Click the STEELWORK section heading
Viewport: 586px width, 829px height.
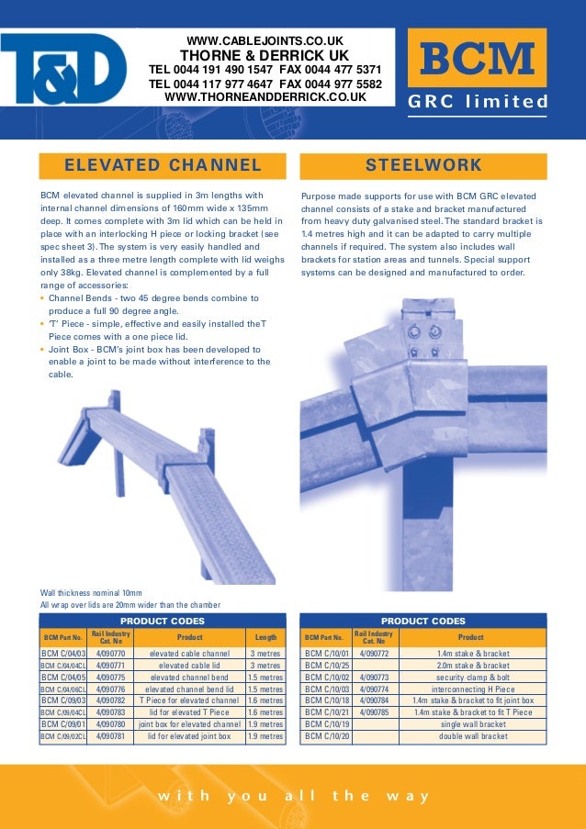pos(423,166)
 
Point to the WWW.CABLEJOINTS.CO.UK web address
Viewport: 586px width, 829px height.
pos(265,41)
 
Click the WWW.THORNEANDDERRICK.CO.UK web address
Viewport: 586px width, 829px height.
pos(265,96)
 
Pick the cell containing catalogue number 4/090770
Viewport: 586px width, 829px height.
pos(110,654)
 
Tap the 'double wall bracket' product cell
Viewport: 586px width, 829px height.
pos(473,736)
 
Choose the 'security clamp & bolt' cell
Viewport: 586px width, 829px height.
pos(473,678)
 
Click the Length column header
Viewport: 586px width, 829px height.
pos(265,636)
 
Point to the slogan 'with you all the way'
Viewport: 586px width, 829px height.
pos(293,796)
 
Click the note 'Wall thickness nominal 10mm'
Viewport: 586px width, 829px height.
pos(91,593)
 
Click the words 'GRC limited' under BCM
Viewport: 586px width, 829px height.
pos(477,102)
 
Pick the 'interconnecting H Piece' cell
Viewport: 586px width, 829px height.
pos(473,689)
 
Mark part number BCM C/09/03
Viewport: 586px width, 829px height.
pos(63,700)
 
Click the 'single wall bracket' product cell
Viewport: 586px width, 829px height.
pos(473,724)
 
